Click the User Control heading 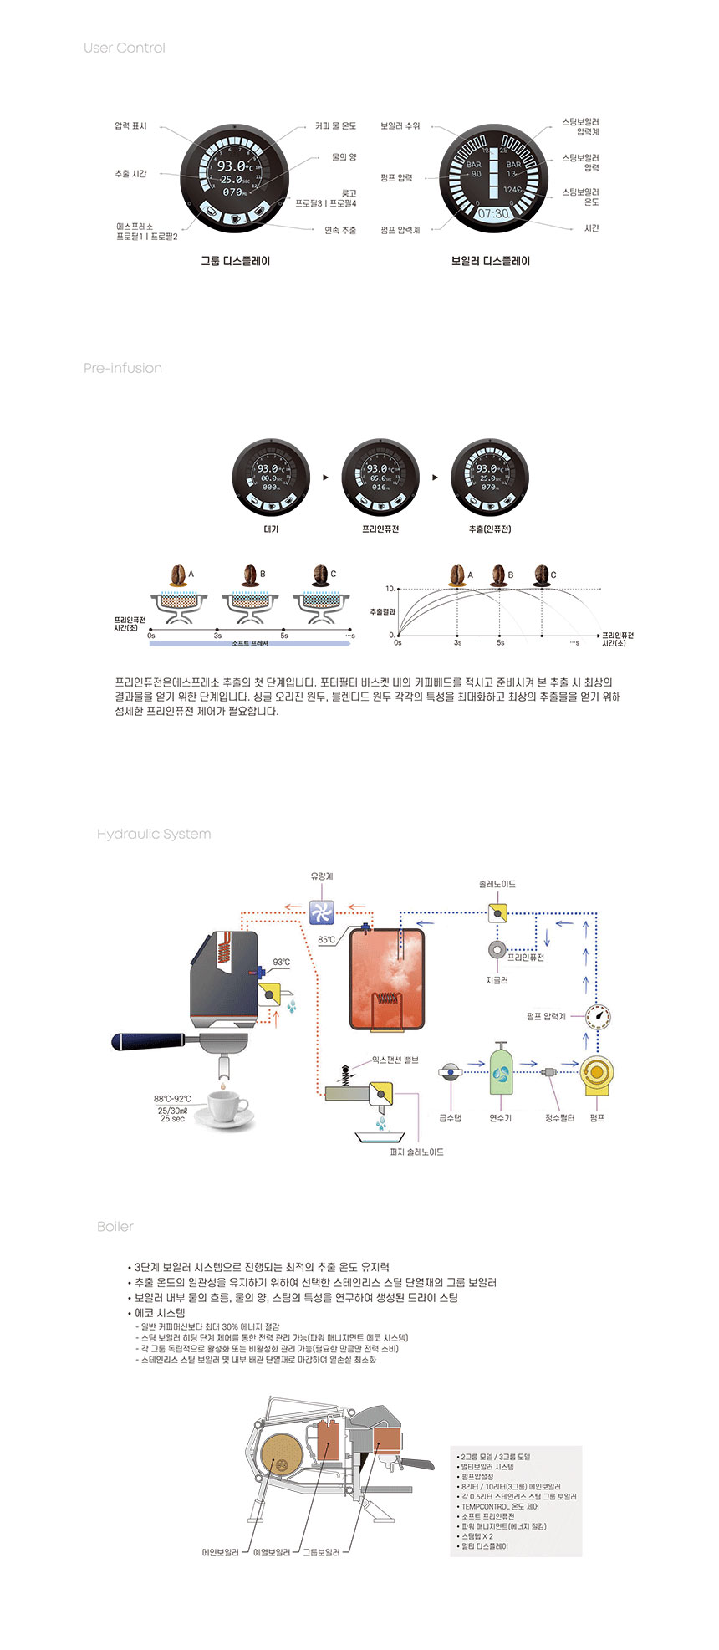coord(124,48)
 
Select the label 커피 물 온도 coord(335,126)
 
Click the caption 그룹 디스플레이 coord(235,261)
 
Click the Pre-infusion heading coord(123,368)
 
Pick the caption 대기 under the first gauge coord(271,529)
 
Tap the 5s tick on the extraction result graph coord(500,642)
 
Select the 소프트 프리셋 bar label coord(250,643)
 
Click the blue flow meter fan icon coord(322,911)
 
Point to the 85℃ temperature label coord(326,940)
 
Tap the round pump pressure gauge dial coord(598,1017)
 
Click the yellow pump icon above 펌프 coord(597,1074)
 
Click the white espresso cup coord(227,1107)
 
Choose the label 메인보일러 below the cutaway coord(220,1552)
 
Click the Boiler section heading coord(115,1226)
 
